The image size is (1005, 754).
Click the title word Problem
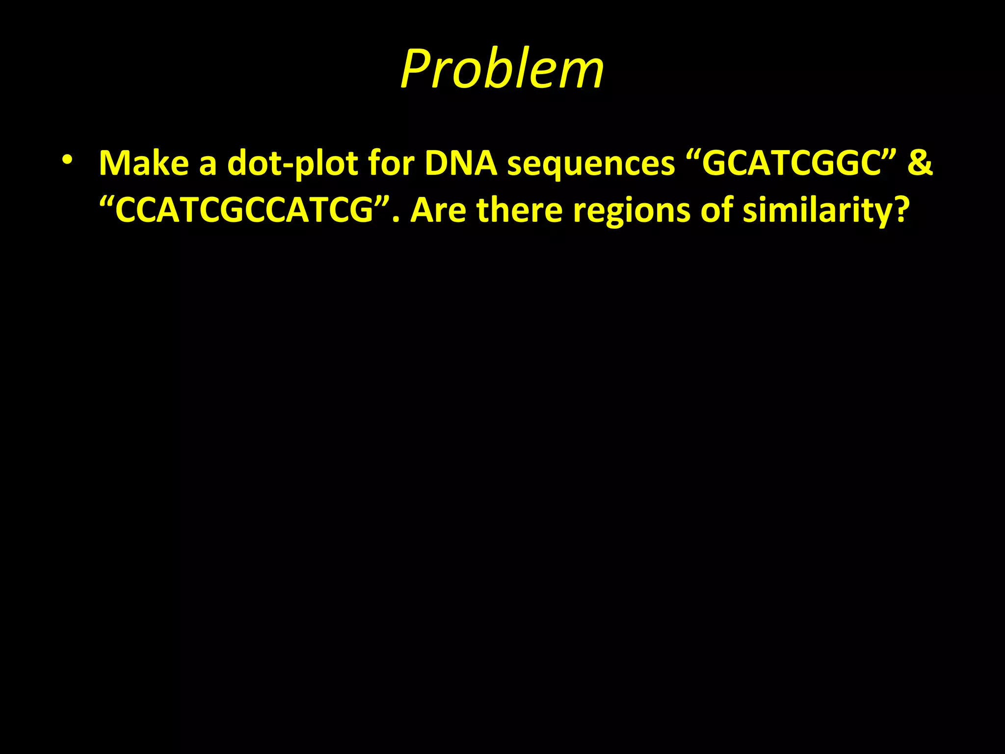click(502, 69)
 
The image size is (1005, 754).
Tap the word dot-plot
click(292, 163)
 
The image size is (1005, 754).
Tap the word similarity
click(815, 210)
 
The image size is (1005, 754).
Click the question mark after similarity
click(900, 210)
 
